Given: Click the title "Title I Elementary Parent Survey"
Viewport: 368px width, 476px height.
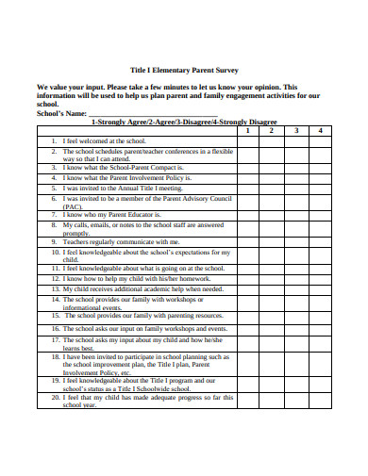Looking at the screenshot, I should [x=184, y=69].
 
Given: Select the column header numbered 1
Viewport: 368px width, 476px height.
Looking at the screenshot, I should [x=246, y=130].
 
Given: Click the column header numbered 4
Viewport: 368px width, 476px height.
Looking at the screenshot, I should [x=321, y=130].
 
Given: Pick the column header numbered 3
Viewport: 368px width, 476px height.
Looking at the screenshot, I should [x=296, y=130].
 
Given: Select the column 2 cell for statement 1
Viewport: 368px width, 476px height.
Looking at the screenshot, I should [x=272, y=140].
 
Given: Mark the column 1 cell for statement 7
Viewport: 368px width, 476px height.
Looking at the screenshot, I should [x=246, y=215].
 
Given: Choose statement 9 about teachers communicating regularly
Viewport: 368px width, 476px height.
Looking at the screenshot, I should [x=121, y=241].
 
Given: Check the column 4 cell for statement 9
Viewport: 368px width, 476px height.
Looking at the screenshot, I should [x=321, y=241].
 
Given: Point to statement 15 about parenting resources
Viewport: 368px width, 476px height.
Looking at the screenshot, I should [x=142, y=316].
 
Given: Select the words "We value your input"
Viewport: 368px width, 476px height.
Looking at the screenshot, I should [x=75, y=85].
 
